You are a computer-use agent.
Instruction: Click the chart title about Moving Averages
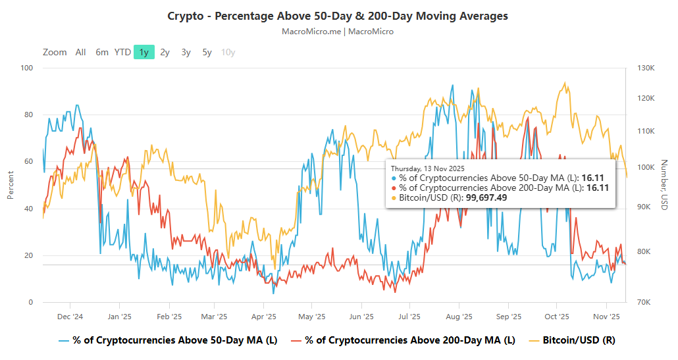338,16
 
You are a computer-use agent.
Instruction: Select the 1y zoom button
143,52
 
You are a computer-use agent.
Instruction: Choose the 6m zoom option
102,52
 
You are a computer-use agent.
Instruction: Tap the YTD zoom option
122,52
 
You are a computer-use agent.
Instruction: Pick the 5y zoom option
207,52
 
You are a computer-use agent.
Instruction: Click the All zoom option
80,52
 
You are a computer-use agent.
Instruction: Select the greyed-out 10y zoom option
228,52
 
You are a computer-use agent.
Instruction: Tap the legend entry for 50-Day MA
170,340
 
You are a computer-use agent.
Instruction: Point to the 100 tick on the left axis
26,68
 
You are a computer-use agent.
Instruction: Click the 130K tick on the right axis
646,68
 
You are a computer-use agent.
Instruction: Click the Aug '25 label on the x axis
458,317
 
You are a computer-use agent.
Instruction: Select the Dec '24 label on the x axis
70,317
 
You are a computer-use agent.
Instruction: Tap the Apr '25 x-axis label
263,317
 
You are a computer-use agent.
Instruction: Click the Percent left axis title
11,185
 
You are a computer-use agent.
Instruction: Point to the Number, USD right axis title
664,185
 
